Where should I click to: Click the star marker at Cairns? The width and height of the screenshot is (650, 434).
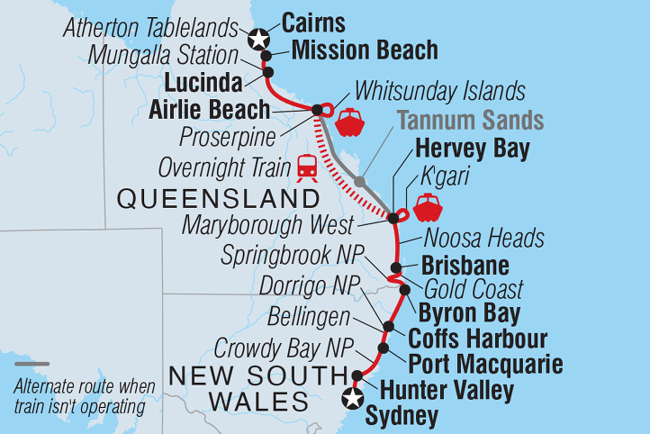(x=259, y=38)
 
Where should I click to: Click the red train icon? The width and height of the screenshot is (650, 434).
(x=307, y=167)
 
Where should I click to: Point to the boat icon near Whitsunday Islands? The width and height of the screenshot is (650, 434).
(x=349, y=122)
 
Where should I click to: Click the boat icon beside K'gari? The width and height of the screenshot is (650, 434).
(x=426, y=206)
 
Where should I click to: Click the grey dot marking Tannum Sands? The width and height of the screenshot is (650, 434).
(x=359, y=182)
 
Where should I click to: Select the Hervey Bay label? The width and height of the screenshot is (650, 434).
(x=472, y=149)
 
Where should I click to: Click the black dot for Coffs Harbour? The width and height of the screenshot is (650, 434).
(x=389, y=328)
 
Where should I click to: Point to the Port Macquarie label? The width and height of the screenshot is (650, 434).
(x=485, y=365)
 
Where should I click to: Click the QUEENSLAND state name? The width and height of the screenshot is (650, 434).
(x=218, y=198)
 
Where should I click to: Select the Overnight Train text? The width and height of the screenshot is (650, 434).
(x=223, y=167)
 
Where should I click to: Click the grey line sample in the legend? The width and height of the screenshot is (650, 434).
(x=33, y=365)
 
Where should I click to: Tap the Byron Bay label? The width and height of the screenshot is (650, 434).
(x=468, y=314)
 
